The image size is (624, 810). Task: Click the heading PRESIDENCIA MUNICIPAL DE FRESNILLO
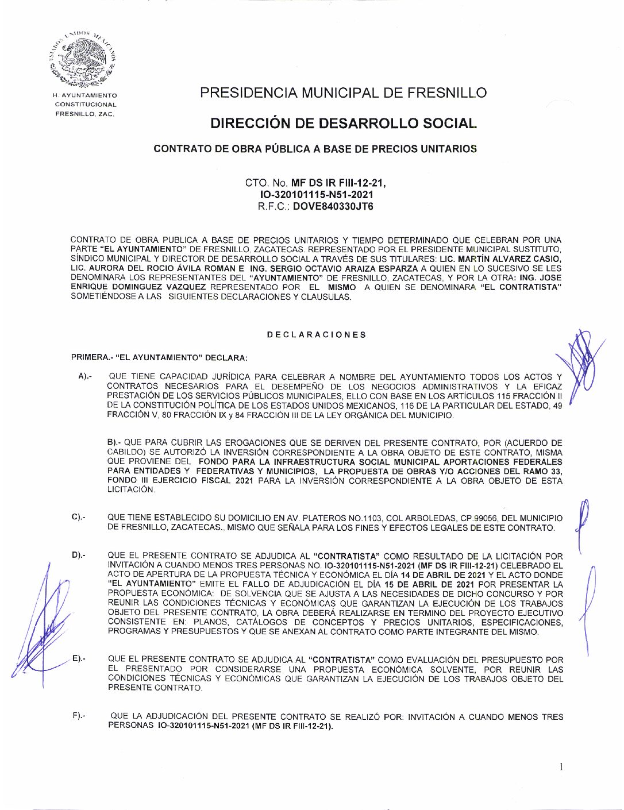pos(343,93)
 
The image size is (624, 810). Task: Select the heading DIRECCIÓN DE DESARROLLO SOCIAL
pos(343,124)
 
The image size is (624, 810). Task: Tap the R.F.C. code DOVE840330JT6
pos(333,207)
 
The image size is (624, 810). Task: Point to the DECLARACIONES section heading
pos(316,335)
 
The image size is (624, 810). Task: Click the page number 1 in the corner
pos(561,766)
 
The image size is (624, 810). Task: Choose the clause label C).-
pos(79,518)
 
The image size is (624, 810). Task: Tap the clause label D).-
pos(79,556)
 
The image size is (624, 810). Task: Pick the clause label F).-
pos(79,716)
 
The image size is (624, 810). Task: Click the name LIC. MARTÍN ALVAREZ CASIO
pos(500,259)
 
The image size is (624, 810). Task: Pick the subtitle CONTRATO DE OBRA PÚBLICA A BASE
pos(315,149)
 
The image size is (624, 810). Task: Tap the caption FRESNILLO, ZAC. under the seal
pos(85,114)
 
